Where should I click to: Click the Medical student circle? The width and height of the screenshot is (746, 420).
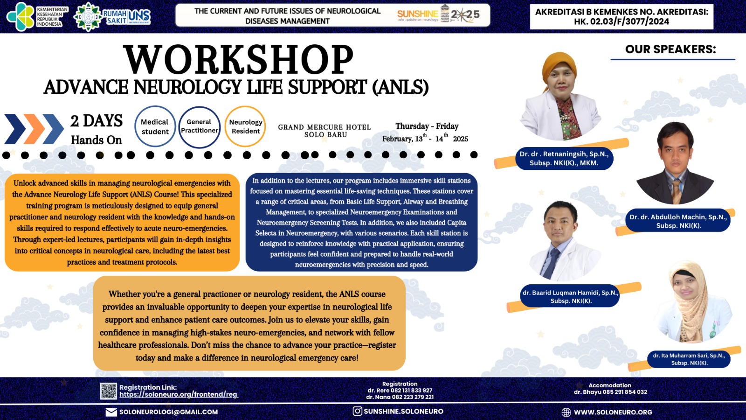pyautogui.click(x=155, y=126)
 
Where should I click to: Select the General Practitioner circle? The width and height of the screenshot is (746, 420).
pyautogui.click(x=199, y=126)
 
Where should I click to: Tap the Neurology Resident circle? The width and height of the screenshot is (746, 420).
pyautogui.click(x=245, y=126)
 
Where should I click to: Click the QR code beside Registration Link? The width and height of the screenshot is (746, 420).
pyautogui.click(x=109, y=391)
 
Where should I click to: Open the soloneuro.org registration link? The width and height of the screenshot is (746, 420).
pyautogui.click(x=179, y=394)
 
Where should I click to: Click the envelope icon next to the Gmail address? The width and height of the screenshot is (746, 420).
pyautogui.click(x=111, y=412)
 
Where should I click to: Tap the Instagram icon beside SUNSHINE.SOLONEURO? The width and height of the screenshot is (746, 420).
pyautogui.click(x=357, y=411)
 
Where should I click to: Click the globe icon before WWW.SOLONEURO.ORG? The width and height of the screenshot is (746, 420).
pyautogui.click(x=566, y=412)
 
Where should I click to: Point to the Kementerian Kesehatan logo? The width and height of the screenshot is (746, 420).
pyautogui.click(x=37, y=16)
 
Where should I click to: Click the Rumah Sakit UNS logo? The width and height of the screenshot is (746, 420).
pyautogui.click(x=113, y=17)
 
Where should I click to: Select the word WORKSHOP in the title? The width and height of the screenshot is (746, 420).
pyautogui.click(x=238, y=60)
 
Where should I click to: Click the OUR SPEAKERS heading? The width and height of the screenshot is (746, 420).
pyautogui.click(x=670, y=49)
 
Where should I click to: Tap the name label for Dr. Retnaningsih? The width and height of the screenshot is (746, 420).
pyautogui.click(x=564, y=158)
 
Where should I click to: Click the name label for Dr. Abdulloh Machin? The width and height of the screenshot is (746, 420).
pyautogui.click(x=678, y=221)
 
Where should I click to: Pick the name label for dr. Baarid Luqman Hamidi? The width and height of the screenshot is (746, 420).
pyautogui.click(x=570, y=297)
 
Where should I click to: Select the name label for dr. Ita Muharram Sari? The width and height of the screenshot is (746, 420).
pyautogui.click(x=689, y=359)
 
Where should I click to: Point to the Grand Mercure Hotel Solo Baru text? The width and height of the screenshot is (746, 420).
pyautogui.click(x=325, y=131)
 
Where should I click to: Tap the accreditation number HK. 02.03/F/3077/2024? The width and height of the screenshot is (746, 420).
pyautogui.click(x=622, y=21)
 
